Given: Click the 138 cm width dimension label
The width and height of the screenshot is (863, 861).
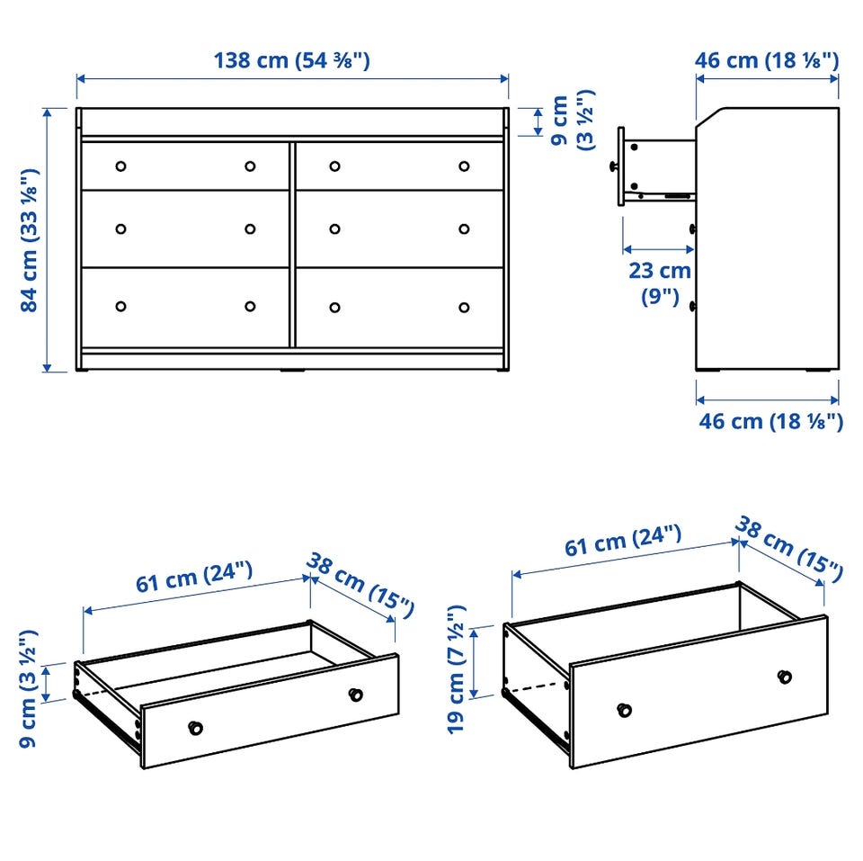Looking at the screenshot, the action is pyautogui.click(x=291, y=60).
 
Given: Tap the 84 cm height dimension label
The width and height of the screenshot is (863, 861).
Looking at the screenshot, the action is pyautogui.click(x=29, y=240).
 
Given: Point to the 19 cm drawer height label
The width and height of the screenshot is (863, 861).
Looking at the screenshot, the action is pyautogui.click(x=457, y=669).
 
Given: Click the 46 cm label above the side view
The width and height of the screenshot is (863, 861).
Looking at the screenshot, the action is pyautogui.click(x=767, y=60).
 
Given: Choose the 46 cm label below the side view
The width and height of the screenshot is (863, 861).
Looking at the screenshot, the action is pyautogui.click(x=770, y=421).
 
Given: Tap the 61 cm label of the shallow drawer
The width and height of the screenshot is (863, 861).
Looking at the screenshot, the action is pyautogui.click(x=194, y=577).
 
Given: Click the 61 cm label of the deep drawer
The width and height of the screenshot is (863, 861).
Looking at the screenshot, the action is pyautogui.click(x=623, y=541).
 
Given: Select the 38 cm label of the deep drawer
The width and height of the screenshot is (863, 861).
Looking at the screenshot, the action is pyautogui.click(x=788, y=549).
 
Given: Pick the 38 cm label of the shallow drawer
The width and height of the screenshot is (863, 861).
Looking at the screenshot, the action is pyautogui.click(x=360, y=586).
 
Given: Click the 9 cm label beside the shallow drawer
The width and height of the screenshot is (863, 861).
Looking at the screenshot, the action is pyautogui.click(x=28, y=689).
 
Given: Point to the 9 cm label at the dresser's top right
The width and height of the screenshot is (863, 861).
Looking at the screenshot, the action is pyautogui.click(x=573, y=120).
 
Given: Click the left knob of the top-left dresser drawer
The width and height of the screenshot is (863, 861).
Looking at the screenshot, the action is pyautogui.click(x=120, y=166).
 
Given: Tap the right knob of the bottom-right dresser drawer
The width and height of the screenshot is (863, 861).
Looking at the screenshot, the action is pyautogui.click(x=464, y=308).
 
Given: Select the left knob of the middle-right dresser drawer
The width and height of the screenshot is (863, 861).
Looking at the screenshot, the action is pyautogui.click(x=334, y=229).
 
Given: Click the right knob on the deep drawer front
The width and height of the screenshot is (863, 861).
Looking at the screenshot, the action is pyautogui.click(x=785, y=677).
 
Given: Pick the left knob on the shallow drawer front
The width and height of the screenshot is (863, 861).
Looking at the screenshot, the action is pyautogui.click(x=195, y=728).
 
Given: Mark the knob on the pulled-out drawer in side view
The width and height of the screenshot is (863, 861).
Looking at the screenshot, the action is pyautogui.click(x=613, y=166).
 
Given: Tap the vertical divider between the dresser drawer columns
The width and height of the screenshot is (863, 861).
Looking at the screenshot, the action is pyautogui.click(x=292, y=245).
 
